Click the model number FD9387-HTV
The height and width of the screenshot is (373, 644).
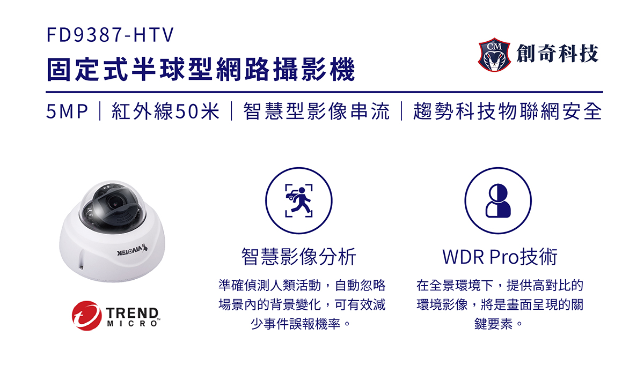(110, 35)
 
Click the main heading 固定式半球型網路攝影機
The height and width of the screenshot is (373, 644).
(201, 69)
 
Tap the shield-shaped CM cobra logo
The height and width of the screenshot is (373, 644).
(494, 55)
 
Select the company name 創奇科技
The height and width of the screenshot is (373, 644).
(558, 54)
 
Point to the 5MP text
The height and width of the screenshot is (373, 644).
(67, 111)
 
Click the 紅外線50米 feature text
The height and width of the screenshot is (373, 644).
(165, 111)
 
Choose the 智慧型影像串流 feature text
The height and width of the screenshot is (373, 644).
(316, 111)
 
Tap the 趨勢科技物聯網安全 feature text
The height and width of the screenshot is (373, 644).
(508, 111)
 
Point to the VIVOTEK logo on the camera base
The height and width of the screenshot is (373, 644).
(133, 251)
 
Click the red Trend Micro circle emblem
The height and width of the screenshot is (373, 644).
(86, 316)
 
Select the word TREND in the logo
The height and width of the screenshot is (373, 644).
(133, 312)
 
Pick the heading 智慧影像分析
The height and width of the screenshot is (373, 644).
(299, 257)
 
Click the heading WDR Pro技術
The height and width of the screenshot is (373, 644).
(500, 257)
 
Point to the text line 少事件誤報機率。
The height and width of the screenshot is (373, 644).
(301, 324)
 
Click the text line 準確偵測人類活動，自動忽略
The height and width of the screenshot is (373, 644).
(302, 285)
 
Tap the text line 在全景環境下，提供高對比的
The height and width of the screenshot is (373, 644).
(500, 285)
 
